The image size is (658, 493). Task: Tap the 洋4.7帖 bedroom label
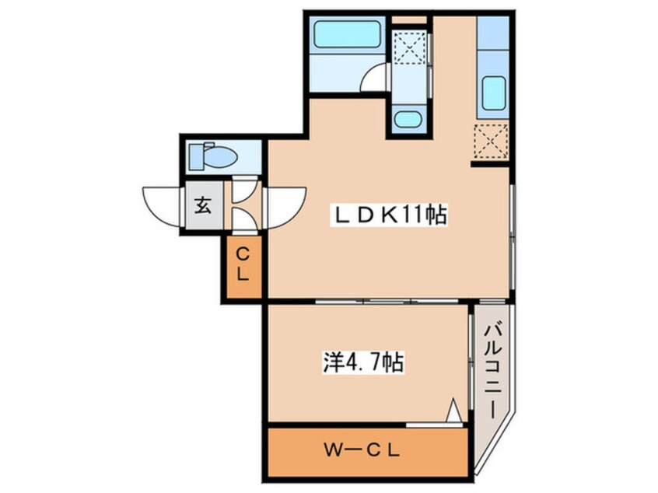[x=363, y=362]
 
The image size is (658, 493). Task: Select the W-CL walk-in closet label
[x=362, y=451]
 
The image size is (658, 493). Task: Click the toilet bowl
[x=219, y=157]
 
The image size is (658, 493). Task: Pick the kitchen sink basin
[x=493, y=93]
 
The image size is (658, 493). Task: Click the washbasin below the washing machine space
[x=408, y=119]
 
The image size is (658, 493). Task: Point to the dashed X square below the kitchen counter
[x=491, y=142]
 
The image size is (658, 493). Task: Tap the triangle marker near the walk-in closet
[x=453, y=410]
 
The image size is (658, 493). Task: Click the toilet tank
[x=197, y=157]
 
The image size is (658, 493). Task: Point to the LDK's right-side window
[x=513, y=236]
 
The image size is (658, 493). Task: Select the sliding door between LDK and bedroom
[x=387, y=301]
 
